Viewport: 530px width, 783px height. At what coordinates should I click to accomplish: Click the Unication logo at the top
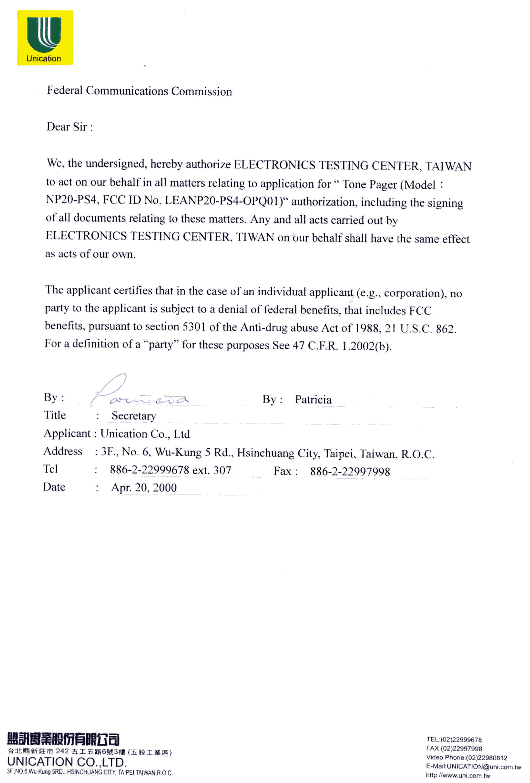pos(45,37)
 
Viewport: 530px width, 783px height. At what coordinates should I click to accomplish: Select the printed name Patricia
pos(313,399)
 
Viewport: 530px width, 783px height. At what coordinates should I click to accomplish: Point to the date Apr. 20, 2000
pos(144,488)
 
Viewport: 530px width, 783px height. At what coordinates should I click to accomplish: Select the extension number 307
pos(222,470)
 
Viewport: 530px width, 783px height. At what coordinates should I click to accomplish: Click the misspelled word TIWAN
pos(255,237)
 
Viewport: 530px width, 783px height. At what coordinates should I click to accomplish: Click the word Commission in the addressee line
pos(201,91)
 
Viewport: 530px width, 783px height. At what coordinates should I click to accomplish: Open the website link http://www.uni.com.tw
pos(458,775)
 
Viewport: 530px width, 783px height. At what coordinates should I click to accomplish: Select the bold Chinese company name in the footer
pos(63,739)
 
